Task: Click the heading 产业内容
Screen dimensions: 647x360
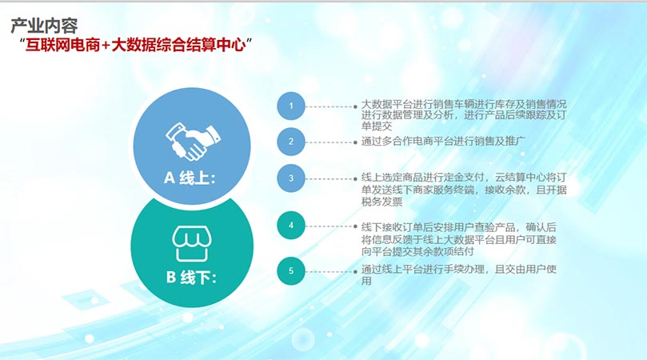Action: tap(44, 26)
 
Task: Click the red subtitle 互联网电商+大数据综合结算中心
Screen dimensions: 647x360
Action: tap(136, 45)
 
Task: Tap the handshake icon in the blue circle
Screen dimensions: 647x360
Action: tap(193, 142)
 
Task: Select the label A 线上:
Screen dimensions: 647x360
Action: tap(190, 178)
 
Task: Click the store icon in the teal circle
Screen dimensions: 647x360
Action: tap(192, 243)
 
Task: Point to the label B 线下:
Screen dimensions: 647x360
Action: tap(191, 277)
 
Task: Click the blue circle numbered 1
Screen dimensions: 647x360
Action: tap(291, 106)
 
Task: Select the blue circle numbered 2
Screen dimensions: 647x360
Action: tap(291, 142)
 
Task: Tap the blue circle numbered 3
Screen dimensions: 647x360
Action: tap(291, 178)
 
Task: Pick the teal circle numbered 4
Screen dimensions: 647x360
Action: tap(291, 226)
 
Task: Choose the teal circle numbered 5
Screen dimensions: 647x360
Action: tap(291, 271)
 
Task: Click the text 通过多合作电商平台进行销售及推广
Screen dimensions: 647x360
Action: tap(443, 141)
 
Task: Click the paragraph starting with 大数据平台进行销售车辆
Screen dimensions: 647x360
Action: tap(464, 114)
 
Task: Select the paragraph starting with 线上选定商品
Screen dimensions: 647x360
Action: tap(464, 190)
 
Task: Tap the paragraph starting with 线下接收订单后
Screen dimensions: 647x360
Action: tap(459, 239)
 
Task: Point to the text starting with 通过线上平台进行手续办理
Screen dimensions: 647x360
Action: tap(459, 275)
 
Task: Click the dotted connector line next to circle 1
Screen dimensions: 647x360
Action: tap(329, 106)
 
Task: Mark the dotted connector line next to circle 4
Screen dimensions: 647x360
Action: tap(329, 226)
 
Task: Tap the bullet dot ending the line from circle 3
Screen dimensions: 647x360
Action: tap(355, 179)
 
